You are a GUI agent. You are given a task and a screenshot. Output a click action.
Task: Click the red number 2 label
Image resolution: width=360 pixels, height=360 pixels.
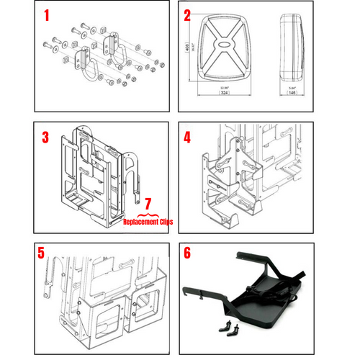(x=187, y=15)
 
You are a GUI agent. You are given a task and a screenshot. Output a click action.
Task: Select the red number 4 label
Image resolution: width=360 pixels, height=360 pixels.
(x=187, y=136)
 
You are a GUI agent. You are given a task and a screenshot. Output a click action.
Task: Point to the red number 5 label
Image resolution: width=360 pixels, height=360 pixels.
(x=42, y=253)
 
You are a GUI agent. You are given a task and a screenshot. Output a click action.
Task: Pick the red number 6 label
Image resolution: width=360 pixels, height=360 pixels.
(x=187, y=254)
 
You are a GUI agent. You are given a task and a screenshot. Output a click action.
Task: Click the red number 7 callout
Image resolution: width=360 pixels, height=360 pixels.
(x=149, y=206)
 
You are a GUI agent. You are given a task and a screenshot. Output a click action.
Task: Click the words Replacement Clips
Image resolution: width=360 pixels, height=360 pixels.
(x=148, y=222)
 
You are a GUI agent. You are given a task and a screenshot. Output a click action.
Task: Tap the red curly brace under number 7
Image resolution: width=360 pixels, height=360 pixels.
(x=148, y=215)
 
